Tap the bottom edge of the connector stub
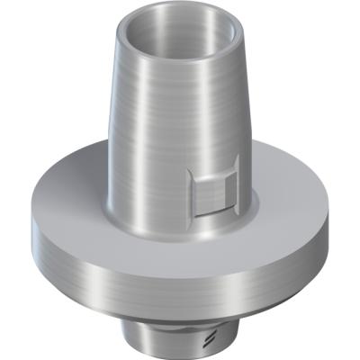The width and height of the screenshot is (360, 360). point(180,353)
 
